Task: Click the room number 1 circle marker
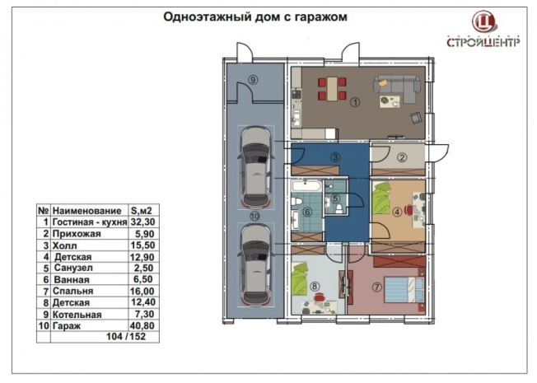tap(354, 103)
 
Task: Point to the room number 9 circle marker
tap(254, 79)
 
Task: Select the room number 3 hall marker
tap(335, 156)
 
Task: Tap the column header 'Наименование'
tap(81, 211)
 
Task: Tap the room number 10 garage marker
tap(254, 215)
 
